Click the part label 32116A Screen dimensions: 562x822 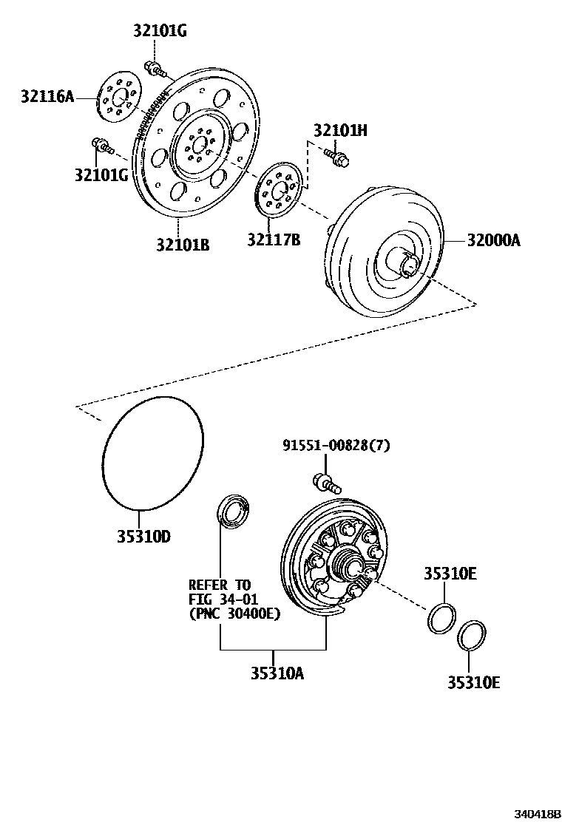[47, 97]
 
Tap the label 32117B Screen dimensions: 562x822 [274, 240]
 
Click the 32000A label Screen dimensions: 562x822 [493, 240]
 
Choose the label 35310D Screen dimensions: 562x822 [143, 536]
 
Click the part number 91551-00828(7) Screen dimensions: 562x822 [336, 445]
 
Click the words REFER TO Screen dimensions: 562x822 [220, 585]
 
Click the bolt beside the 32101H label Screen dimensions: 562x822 [336, 156]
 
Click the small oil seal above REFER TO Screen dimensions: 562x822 [232, 512]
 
